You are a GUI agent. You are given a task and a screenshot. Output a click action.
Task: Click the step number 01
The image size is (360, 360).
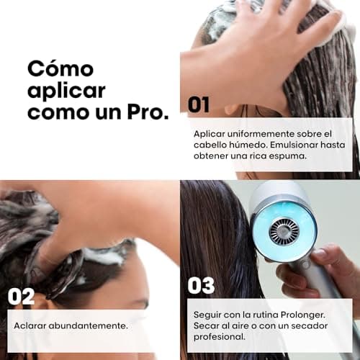coord(199,104)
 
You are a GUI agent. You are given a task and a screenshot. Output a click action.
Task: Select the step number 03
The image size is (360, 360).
coord(201,285)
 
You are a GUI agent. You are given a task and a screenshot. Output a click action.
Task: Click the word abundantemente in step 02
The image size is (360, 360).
coord(89,325)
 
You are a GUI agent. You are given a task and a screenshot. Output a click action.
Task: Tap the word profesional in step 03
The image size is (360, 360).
coord(220,338)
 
